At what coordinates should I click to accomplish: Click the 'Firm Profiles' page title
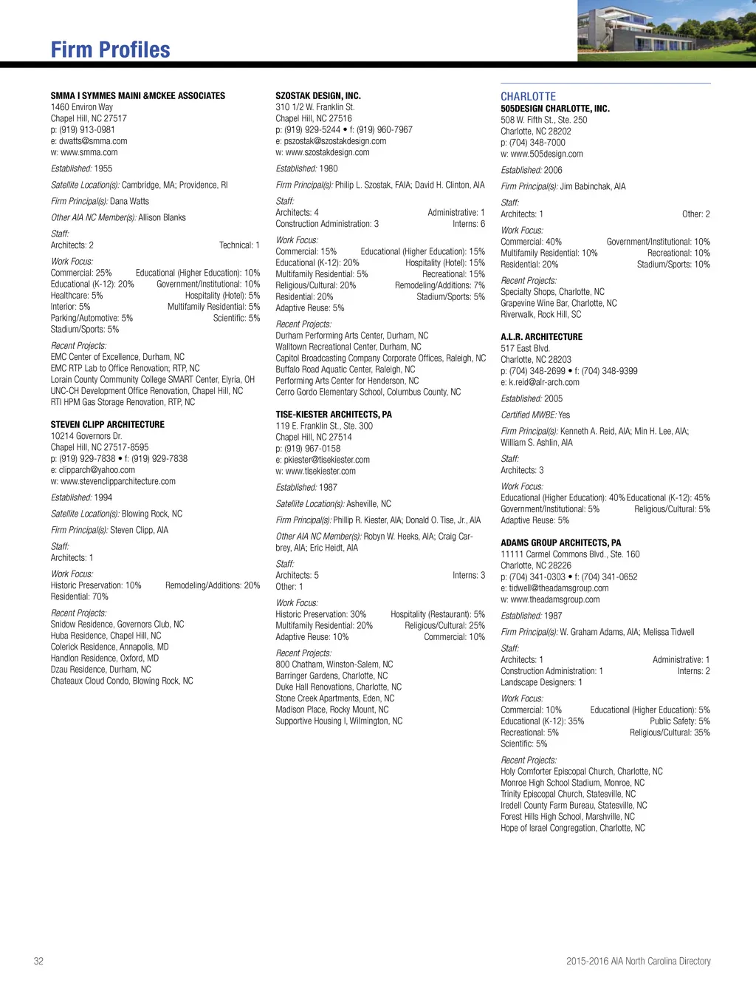[x=111, y=50]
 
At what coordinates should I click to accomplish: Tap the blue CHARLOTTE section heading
[x=528, y=96]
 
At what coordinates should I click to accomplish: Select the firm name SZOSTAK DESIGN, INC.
[x=318, y=95]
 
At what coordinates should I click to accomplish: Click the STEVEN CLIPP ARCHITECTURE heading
[x=108, y=424]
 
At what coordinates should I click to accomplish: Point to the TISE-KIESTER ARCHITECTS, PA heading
[x=334, y=414]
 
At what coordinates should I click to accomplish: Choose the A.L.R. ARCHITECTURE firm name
[x=541, y=336]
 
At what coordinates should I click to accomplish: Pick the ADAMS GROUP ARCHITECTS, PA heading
[x=560, y=542]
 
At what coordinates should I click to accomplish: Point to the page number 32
[x=38, y=961]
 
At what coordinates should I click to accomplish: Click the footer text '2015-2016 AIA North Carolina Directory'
[x=638, y=961]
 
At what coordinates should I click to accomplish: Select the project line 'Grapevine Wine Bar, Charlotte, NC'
[x=559, y=303]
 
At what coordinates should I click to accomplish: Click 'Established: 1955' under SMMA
[x=81, y=169]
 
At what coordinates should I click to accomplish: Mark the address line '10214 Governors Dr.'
[x=86, y=435]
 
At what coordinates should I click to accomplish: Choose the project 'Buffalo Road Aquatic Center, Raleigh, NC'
[x=345, y=369]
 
